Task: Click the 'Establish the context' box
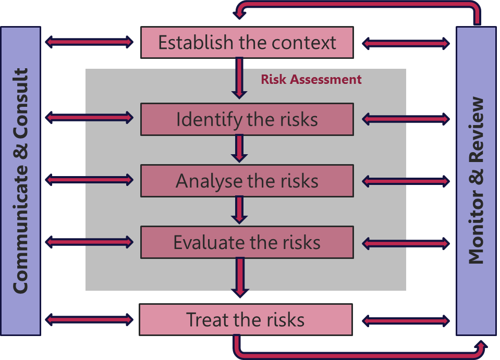point(247,42)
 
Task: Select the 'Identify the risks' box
point(247,119)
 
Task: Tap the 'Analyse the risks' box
point(247,181)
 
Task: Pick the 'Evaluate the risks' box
point(247,242)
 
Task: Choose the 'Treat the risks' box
point(246,319)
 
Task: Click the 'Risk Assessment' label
point(311,79)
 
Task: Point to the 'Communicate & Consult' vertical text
point(20,181)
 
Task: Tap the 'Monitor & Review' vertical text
point(477,181)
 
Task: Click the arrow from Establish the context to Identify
point(239,78)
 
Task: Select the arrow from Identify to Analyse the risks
point(239,148)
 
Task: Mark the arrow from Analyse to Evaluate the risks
point(239,209)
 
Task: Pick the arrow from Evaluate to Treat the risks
point(239,277)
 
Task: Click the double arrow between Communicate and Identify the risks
point(90,118)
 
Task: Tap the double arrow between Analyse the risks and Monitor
point(406,181)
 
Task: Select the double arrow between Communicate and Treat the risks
point(90,318)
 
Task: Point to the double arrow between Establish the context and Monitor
point(406,43)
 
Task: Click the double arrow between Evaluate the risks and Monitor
point(406,243)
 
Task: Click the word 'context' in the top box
point(306,42)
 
